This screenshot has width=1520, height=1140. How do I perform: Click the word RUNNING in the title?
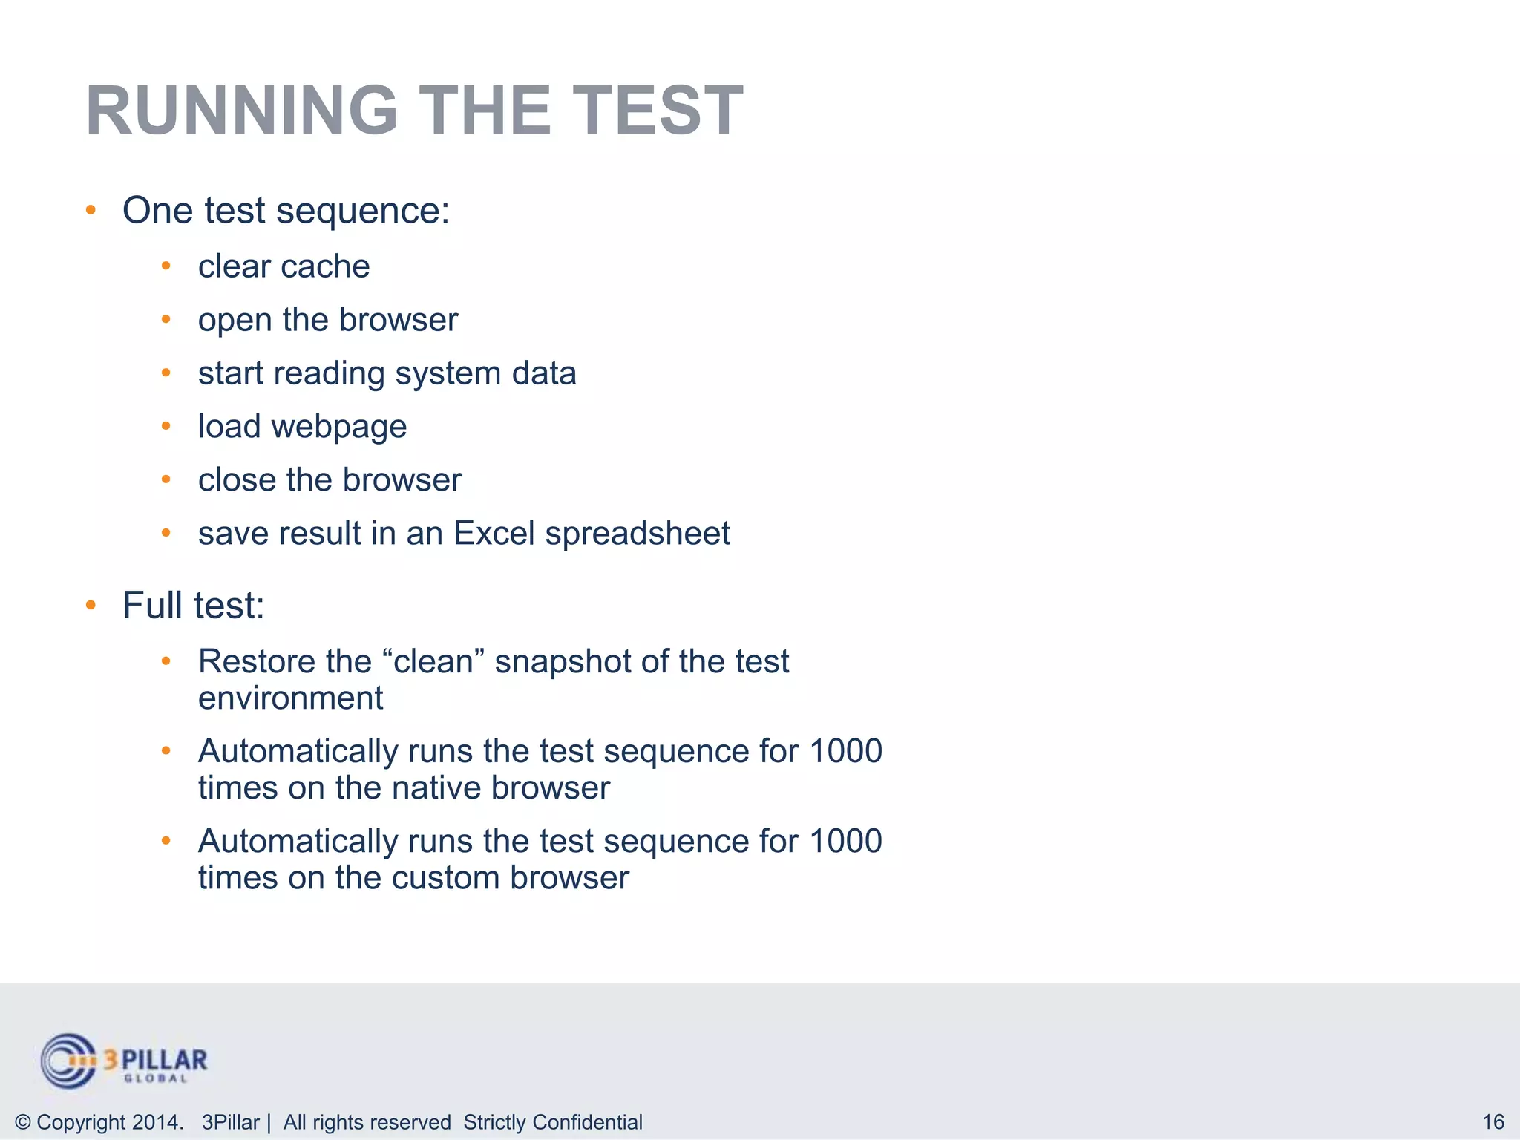(x=242, y=111)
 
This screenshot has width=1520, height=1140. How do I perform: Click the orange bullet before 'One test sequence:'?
(x=91, y=210)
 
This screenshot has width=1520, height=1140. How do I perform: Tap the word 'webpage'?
(x=338, y=427)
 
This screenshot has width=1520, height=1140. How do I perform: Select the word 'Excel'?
(x=494, y=534)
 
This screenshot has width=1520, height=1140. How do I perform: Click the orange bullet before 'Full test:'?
(x=91, y=605)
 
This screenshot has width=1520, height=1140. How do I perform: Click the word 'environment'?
(x=290, y=698)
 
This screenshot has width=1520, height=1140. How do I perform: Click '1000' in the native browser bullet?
(x=845, y=751)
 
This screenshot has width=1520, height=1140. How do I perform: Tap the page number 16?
(x=1493, y=1121)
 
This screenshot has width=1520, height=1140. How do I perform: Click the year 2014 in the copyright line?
(x=155, y=1122)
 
